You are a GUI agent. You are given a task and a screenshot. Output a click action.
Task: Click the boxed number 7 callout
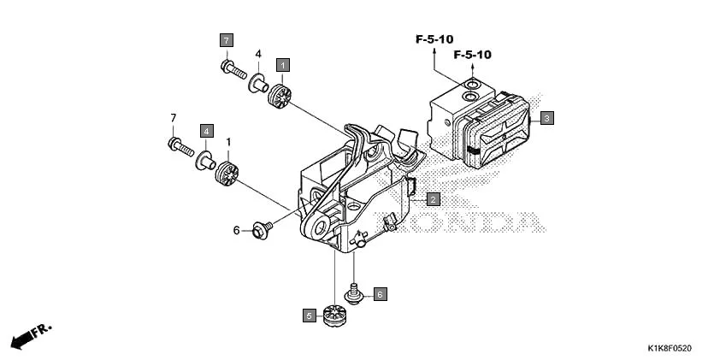(x=226, y=40)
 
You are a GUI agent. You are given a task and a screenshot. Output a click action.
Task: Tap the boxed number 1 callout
(x=281, y=63)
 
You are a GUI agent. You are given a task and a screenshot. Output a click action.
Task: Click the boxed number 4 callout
(x=206, y=130)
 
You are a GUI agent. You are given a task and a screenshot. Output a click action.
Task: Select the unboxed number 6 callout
(x=237, y=230)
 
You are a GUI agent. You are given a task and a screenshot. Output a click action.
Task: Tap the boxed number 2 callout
(x=433, y=199)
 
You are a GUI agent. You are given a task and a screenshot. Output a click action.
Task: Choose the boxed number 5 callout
(x=308, y=316)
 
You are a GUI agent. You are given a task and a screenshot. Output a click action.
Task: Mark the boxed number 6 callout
(x=380, y=293)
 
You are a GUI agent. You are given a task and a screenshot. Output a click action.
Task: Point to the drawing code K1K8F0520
(x=669, y=348)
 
